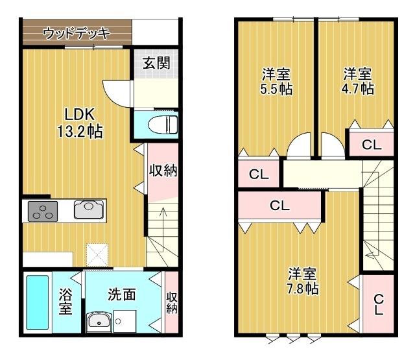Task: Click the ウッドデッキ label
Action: tap(77, 32)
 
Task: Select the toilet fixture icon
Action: tap(160, 123)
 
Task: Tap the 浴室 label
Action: tap(65, 302)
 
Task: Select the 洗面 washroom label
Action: tap(121, 294)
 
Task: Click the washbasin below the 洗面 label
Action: tap(99, 320)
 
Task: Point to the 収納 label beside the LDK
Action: tap(163, 171)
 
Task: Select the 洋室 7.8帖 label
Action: tap(303, 281)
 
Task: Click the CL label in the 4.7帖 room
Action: tap(372, 145)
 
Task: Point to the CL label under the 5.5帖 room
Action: tap(259, 174)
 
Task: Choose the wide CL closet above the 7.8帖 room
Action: tap(279, 206)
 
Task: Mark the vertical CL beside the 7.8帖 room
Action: tap(378, 304)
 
